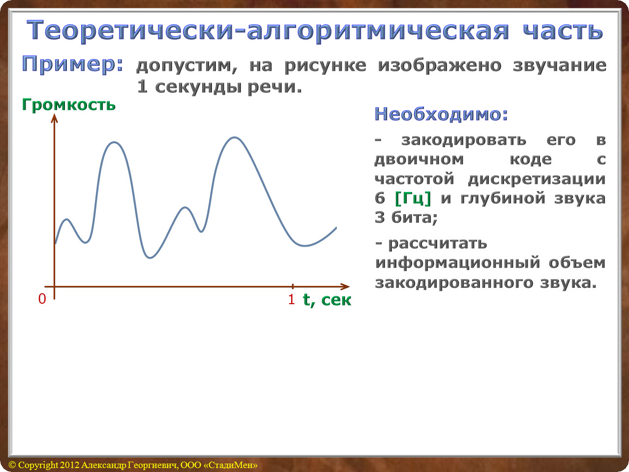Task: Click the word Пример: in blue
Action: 72,65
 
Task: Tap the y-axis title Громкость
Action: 69,105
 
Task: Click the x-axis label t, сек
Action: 327,300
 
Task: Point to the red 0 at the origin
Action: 42,299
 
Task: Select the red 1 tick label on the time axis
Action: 292,299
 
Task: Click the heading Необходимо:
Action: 441,114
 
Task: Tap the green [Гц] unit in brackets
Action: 413,198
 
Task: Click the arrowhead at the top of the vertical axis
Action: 55,118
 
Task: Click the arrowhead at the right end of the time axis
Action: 345,286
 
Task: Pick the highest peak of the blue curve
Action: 235,138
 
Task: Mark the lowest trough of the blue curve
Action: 150,257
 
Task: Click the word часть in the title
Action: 563,31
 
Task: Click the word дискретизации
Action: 537,179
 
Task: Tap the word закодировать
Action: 464,140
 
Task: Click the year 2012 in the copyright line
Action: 70,465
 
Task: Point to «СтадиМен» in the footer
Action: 230,465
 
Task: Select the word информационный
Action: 458,263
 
